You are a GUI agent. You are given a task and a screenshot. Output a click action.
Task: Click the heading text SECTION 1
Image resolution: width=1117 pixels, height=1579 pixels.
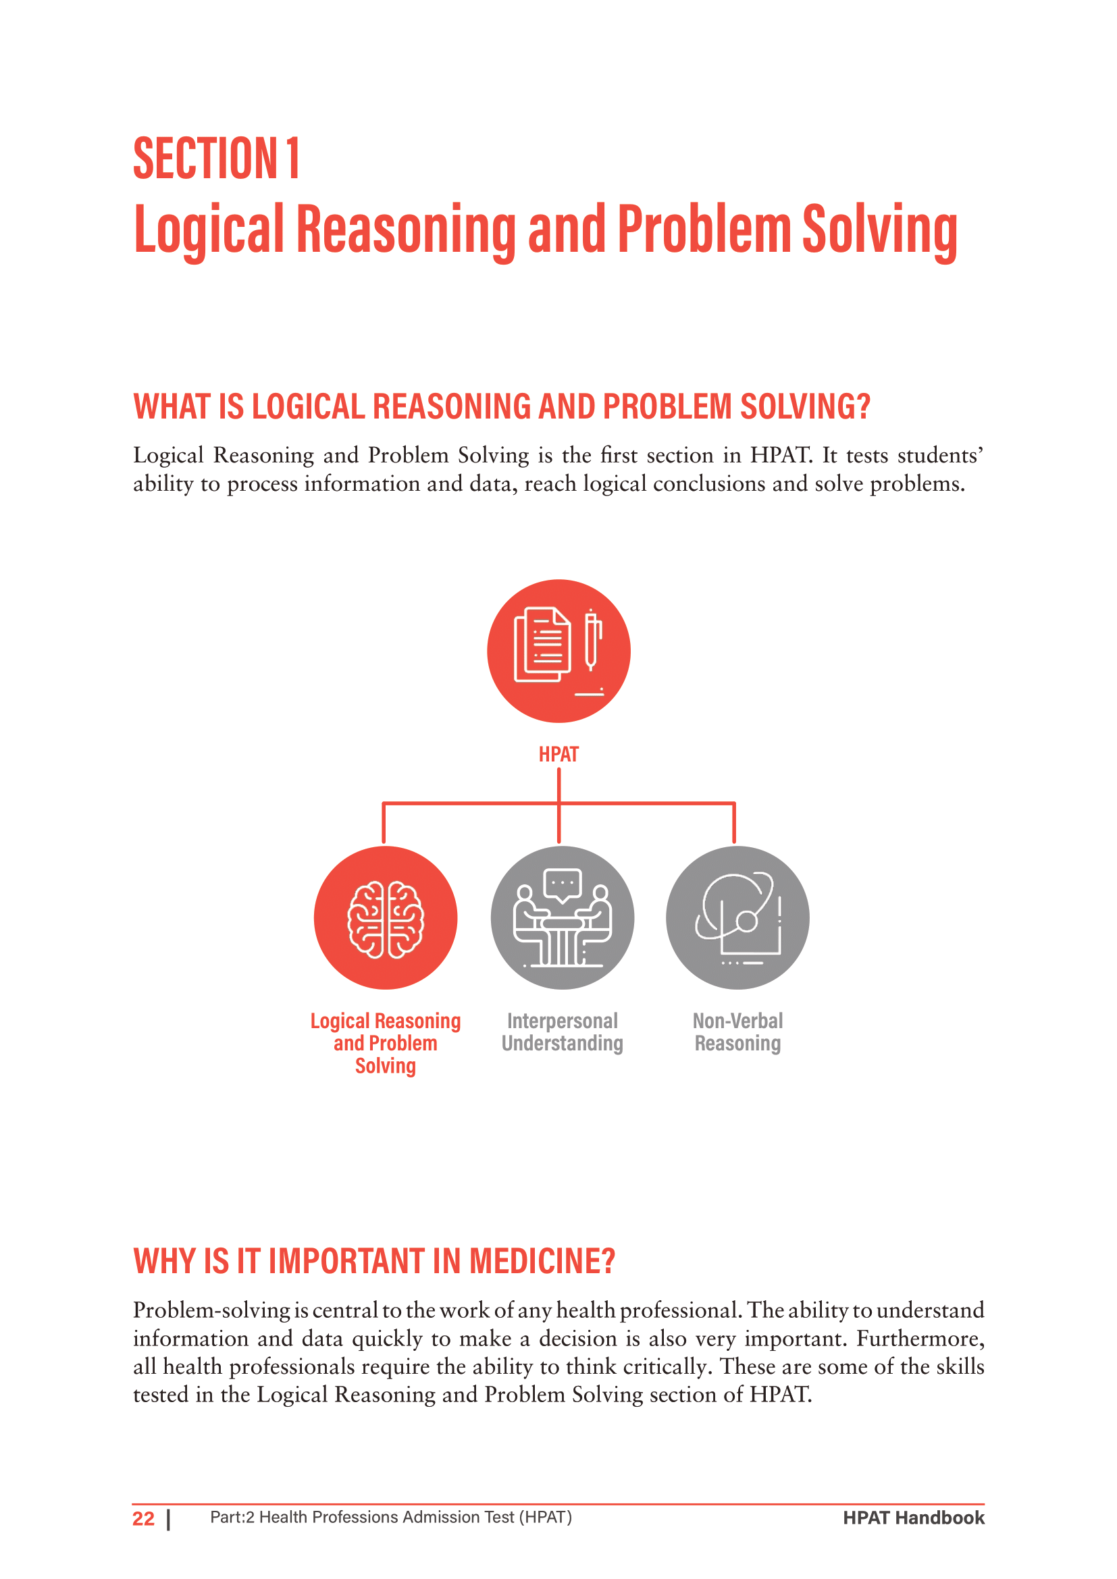tap(216, 159)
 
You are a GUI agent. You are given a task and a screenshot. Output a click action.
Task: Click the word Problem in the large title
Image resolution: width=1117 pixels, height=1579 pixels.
tap(704, 229)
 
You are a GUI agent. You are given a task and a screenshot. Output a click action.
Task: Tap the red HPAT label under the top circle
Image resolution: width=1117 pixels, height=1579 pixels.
tap(558, 755)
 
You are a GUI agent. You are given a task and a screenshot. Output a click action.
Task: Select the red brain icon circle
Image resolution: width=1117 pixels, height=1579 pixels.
tap(385, 917)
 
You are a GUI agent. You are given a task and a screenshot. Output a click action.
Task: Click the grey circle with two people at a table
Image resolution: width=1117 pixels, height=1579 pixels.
tap(562, 917)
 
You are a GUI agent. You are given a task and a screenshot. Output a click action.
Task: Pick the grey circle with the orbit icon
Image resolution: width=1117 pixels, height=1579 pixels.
tap(737, 917)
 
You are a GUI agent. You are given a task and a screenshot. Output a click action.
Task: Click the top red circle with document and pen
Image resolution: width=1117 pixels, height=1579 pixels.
tap(558, 651)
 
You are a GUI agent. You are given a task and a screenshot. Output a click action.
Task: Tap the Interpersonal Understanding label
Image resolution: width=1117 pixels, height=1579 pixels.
tap(562, 1032)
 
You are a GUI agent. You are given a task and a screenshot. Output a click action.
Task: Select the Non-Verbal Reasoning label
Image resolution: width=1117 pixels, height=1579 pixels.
tap(737, 1032)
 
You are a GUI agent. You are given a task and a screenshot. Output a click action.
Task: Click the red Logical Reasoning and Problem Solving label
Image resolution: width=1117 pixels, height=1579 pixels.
tap(385, 1042)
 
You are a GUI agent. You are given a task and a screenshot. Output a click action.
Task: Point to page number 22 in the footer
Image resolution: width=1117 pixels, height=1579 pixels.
tap(143, 1518)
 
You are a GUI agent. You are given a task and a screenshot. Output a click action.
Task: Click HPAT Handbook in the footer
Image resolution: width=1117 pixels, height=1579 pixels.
tap(914, 1518)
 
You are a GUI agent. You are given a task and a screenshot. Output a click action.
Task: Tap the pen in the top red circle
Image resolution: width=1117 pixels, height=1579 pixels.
tap(592, 639)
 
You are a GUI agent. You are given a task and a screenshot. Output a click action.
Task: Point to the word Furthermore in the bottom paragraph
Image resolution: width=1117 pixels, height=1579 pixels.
tap(920, 1339)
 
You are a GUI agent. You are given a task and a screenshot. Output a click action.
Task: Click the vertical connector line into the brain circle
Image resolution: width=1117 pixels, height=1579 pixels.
tap(384, 823)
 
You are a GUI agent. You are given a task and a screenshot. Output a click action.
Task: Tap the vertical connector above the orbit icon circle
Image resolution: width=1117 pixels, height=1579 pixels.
tap(734, 823)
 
